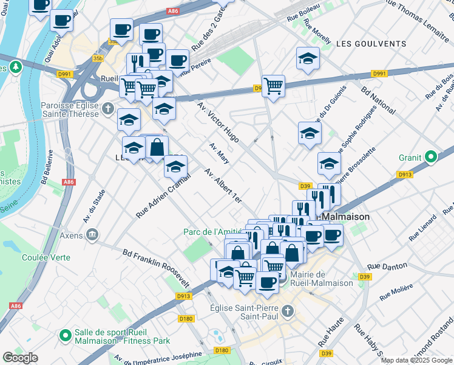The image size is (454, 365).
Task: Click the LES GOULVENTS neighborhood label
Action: click(370, 44)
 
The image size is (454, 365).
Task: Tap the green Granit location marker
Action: click(431, 158)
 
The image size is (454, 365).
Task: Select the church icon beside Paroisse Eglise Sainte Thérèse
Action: click(108, 109)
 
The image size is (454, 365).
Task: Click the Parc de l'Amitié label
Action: click(213, 231)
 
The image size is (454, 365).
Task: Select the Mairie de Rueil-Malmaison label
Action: click(321, 279)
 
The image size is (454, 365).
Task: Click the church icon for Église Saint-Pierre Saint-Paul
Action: click(288, 311)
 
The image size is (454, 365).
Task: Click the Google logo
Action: click(20, 358)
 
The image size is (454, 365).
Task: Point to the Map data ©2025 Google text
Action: click(416, 360)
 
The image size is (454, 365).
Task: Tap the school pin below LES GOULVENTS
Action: click(308, 60)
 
